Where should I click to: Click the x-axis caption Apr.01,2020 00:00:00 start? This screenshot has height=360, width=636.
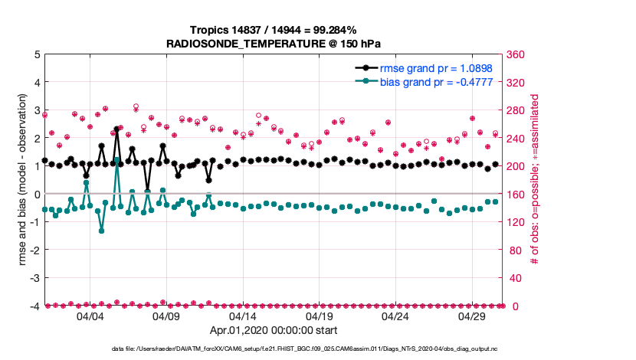coord(274,331)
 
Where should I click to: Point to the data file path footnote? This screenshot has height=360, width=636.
coord(274,349)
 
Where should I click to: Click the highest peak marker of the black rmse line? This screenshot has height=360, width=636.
coord(116,129)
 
